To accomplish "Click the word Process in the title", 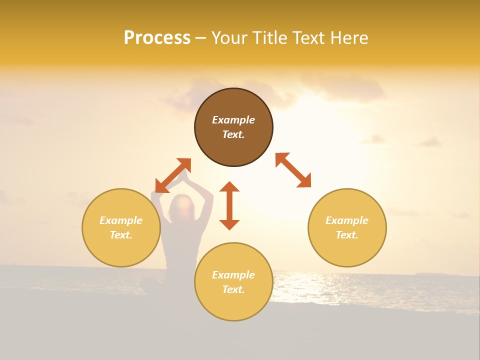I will (157, 38).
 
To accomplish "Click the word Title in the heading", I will (270, 38).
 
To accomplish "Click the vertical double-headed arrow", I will (229, 205).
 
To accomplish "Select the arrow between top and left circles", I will (173, 175).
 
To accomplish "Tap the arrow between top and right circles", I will (293, 170).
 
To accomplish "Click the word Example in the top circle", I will (233, 120).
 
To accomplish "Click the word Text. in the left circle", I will (121, 235).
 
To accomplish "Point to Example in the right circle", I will (347, 220).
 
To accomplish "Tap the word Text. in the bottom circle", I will (233, 289).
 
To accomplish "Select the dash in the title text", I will (200, 38).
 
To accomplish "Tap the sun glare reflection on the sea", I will (300, 285).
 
